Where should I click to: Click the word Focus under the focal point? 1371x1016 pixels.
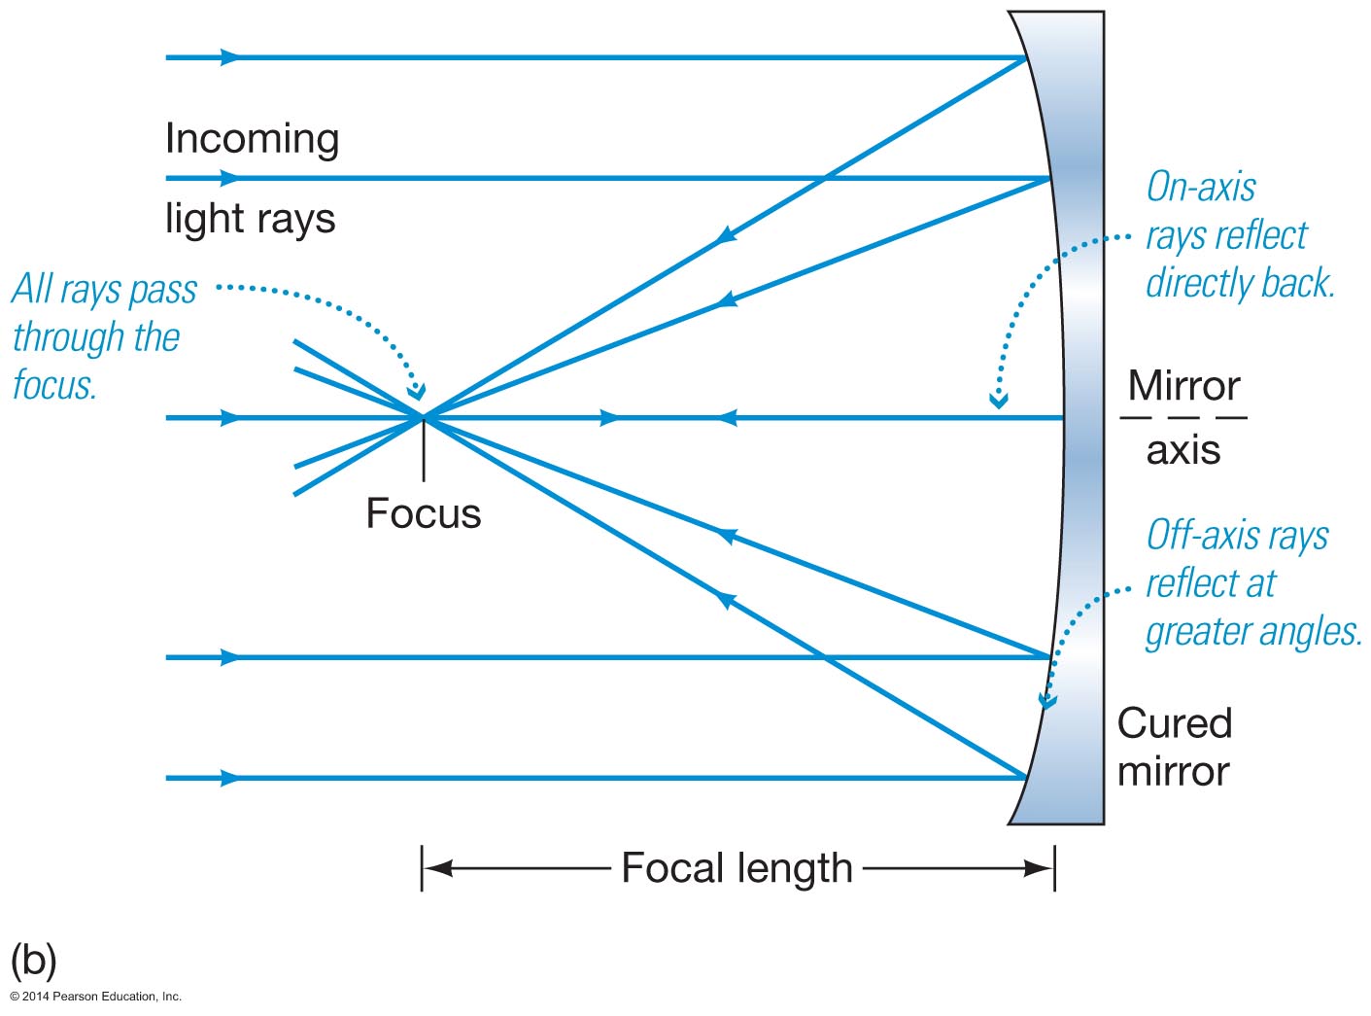(x=423, y=513)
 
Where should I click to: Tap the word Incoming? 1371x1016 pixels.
(x=252, y=139)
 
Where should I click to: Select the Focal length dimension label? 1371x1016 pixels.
(x=737, y=868)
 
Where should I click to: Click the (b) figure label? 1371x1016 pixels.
(x=33, y=961)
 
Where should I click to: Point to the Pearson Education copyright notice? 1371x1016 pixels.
(x=95, y=997)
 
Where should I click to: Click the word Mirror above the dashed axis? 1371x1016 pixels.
(x=1183, y=386)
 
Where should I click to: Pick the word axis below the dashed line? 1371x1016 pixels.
(x=1182, y=450)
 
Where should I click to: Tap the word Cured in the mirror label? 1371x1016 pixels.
(x=1174, y=723)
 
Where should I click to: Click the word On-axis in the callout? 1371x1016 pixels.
(x=1201, y=187)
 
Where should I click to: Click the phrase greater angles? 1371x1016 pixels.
(x=1252, y=632)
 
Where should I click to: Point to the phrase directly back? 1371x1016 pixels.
(x=1240, y=283)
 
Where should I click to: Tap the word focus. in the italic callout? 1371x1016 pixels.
(x=54, y=385)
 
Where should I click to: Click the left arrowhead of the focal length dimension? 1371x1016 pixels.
(x=433, y=868)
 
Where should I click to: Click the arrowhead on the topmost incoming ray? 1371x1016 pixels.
(x=230, y=58)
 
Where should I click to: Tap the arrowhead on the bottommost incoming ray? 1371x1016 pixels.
(x=230, y=778)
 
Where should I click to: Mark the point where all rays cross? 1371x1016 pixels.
(x=424, y=417)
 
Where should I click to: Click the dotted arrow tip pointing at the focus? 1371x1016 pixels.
(x=417, y=393)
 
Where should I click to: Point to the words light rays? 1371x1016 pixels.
(x=250, y=219)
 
